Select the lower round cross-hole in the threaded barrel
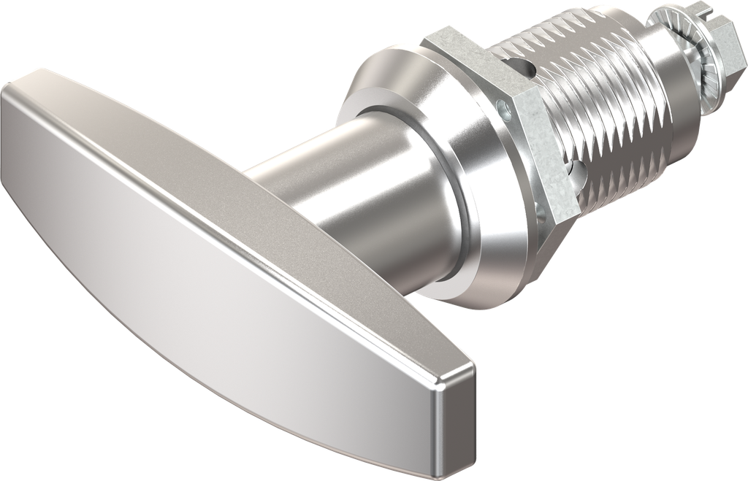click(x=579, y=169)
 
